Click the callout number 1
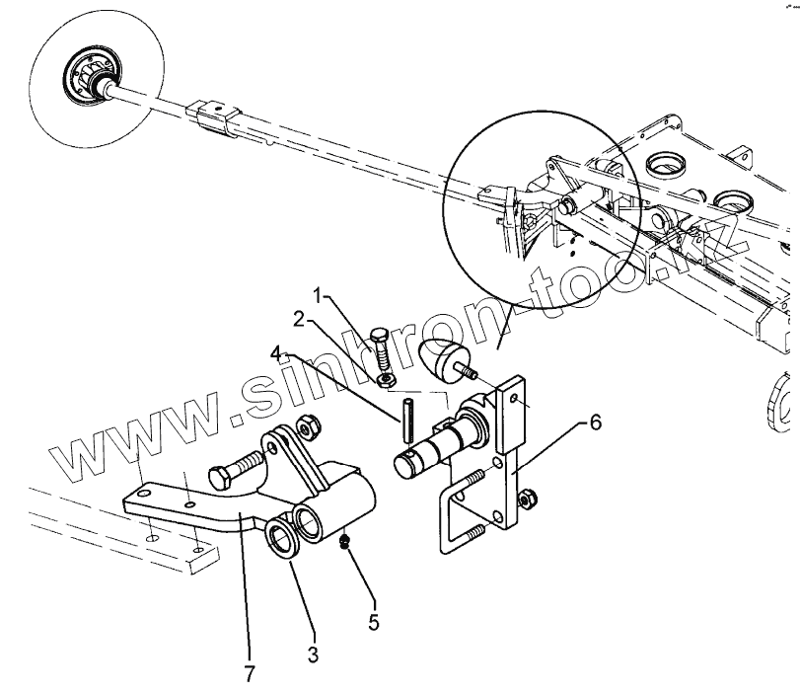(320, 295)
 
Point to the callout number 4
(278, 350)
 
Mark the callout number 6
(595, 422)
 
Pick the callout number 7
(251, 674)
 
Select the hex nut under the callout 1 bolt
(388, 377)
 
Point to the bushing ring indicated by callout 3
(286, 540)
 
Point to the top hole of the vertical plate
(515, 398)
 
